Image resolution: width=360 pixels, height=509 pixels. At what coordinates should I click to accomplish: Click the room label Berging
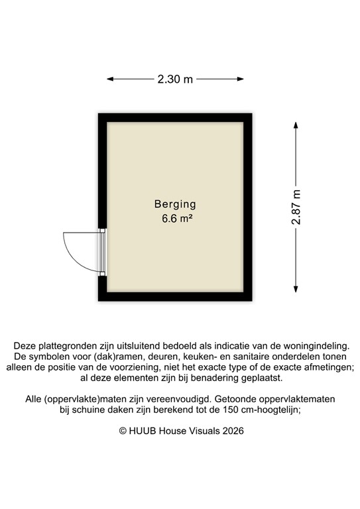pyautogui.click(x=175, y=204)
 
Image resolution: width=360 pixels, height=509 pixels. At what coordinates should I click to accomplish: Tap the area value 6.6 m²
pyautogui.click(x=177, y=218)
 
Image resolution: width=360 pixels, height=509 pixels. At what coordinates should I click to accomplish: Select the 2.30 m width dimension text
pyautogui.click(x=175, y=80)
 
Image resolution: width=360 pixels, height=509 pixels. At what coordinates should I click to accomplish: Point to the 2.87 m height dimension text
pyautogui.click(x=296, y=207)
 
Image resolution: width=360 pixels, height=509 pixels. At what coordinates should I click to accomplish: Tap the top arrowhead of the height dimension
pyautogui.click(x=296, y=124)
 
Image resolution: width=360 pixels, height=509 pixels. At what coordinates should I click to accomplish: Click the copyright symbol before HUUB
pyautogui.click(x=123, y=431)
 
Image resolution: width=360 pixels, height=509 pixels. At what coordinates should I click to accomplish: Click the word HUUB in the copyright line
pyautogui.click(x=143, y=431)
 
